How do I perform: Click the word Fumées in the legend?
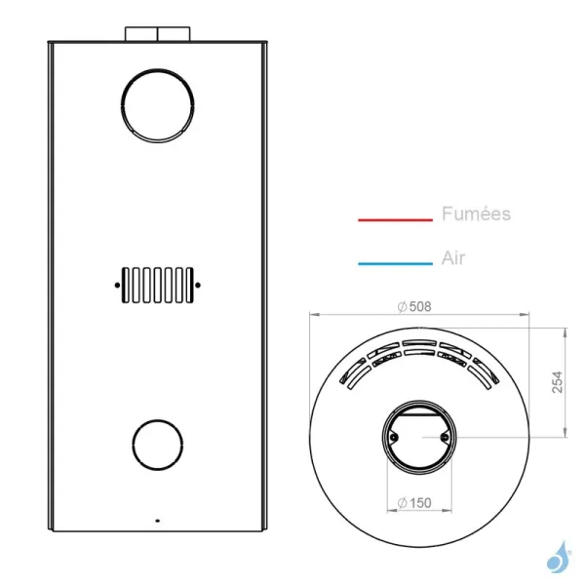tap(476, 214)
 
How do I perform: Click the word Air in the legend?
tap(453, 257)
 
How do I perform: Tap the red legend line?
tap(395, 219)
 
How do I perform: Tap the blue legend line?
tap(395, 264)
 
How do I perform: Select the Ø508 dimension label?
tap(414, 307)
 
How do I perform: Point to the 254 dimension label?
tap(557, 381)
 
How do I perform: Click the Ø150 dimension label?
tap(414, 503)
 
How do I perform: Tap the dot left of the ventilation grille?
tap(117, 286)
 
